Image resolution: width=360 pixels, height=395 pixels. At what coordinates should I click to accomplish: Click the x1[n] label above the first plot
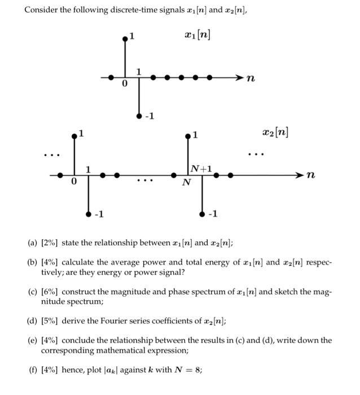point(198,34)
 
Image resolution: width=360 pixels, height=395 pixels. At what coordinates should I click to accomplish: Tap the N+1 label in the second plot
point(201,168)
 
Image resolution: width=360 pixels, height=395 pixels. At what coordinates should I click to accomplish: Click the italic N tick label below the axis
point(186,183)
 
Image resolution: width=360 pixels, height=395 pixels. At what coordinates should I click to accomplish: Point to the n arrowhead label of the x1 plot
point(251,79)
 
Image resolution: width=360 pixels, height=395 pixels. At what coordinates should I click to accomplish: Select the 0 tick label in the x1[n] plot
point(125,84)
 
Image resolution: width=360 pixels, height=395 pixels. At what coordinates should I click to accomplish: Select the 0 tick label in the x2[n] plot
point(73,182)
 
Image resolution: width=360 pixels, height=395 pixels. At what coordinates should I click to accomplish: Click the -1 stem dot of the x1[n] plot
point(139,116)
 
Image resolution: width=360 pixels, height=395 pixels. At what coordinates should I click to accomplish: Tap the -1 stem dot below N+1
point(202,214)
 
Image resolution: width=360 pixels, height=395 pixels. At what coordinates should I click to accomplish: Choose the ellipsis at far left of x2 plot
point(51,155)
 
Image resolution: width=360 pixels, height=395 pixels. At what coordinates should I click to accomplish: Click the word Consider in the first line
point(39,11)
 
